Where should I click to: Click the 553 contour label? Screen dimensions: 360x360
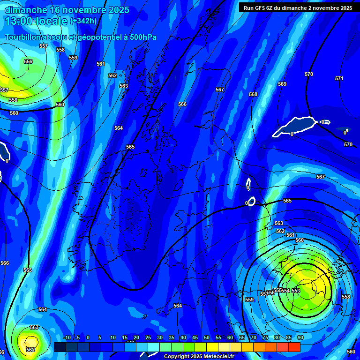click(296, 291)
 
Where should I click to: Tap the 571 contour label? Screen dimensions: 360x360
click(339, 79)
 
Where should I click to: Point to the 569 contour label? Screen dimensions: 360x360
click(282, 84)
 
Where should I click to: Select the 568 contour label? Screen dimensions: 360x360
click(253, 95)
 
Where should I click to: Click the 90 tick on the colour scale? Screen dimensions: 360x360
click(300, 338)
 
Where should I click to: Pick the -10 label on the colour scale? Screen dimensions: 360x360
click(67, 338)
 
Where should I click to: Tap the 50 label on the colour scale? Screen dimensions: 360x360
click(206, 338)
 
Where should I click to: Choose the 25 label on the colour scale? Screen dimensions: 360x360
click(148, 338)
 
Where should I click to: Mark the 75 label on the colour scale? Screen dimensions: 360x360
click(265, 338)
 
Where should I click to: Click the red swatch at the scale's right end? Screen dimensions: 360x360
click(294, 347)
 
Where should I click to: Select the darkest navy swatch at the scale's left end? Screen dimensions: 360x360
click(60, 347)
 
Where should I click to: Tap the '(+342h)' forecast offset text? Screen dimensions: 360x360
click(83, 21)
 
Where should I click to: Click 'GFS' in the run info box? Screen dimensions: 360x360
click(262, 8)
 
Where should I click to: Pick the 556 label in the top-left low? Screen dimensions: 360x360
click(28, 62)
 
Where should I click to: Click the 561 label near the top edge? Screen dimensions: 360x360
click(101, 64)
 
